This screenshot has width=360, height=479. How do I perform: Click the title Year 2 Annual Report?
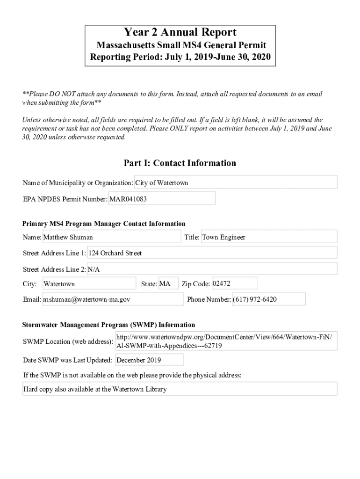point(180,32)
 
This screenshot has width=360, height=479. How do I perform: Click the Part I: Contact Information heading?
point(180,163)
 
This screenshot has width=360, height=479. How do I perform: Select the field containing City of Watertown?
point(236,182)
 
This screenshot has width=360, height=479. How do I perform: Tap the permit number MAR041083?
point(162,199)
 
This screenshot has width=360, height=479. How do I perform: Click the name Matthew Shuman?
point(111,237)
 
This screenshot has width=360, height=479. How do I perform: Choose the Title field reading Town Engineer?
point(269,237)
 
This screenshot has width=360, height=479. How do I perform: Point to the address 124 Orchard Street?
point(212,253)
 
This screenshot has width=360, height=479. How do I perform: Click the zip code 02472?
point(234,283)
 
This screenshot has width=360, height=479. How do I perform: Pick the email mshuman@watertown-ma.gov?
point(113,299)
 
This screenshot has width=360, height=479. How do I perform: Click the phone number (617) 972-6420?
point(268,299)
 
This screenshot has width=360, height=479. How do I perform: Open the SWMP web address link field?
point(226,341)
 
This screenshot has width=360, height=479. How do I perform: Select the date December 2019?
point(149,360)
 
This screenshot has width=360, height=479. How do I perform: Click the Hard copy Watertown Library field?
point(180,389)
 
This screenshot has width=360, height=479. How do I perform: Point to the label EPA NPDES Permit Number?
point(65,199)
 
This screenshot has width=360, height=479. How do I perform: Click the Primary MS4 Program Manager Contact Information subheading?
point(104,224)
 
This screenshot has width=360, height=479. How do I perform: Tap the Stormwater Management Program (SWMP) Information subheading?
point(109,325)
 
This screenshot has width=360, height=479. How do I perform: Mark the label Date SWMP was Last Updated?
point(67,360)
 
